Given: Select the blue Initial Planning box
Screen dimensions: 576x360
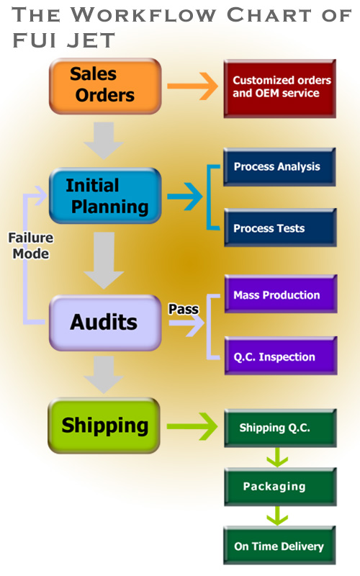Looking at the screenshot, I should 105,196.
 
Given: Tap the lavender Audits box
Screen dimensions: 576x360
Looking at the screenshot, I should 105,322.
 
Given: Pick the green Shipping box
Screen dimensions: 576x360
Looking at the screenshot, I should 104,426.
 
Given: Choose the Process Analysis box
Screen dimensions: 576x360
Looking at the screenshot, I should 279,167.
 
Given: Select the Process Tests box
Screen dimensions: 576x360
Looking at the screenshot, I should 279,228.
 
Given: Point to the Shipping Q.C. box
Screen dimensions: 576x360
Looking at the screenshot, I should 279,428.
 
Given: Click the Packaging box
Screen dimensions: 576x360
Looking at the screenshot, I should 279,487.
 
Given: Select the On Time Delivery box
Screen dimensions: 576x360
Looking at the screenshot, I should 279,546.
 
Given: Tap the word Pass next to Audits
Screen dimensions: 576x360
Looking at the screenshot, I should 183,309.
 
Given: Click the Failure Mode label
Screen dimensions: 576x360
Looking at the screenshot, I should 30,246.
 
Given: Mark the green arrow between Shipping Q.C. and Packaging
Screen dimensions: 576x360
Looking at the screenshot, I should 277,457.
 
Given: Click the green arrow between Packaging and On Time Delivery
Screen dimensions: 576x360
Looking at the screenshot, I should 277,516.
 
